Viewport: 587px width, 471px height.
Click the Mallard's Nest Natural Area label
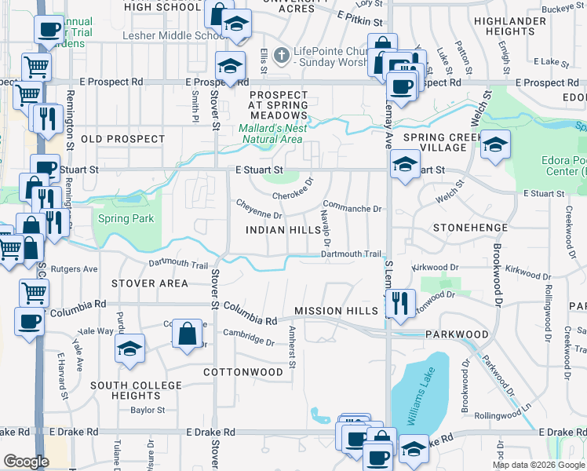click(x=271, y=133)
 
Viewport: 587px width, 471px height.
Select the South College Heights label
click(x=136, y=390)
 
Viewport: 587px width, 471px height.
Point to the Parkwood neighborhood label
click(x=458, y=334)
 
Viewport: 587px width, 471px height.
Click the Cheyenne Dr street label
click(x=260, y=209)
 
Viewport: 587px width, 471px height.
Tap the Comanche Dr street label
click(x=352, y=209)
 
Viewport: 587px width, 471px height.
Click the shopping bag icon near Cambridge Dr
click(x=188, y=333)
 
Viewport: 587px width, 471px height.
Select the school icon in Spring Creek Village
click(x=495, y=145)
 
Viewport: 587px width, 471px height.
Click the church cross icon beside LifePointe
click(x=286, y=55)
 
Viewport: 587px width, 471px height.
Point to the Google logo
click(x=26, y=462)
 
